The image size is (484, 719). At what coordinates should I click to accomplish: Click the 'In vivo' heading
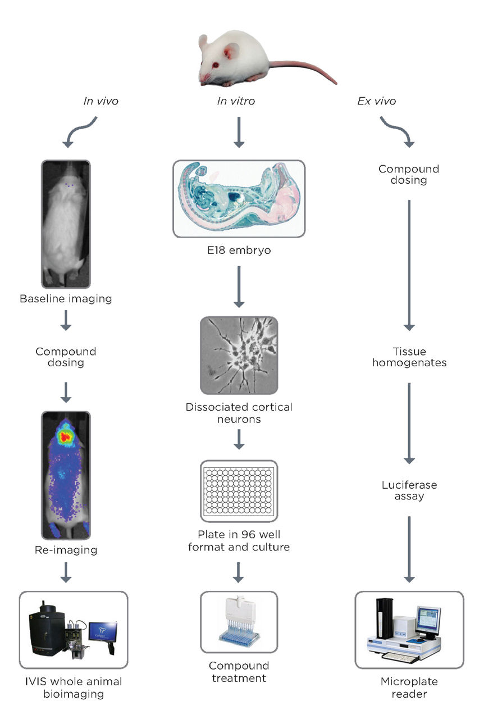coord(100,101)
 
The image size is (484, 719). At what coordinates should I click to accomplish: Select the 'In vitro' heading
coord(236,101)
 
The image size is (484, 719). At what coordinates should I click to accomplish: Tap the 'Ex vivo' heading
coord(376,101)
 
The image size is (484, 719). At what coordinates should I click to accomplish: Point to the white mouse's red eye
coord(229,54)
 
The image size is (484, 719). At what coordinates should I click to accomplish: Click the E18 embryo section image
coord(239,198)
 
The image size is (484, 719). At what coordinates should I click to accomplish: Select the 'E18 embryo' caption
coord(239,251)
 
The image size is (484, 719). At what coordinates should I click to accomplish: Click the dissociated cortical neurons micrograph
coord(239,355)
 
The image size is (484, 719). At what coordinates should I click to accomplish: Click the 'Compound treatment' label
coord(239,672)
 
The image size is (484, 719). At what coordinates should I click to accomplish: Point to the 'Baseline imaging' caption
coord(66,299)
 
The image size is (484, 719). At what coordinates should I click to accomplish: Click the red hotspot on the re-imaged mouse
coord(66,435)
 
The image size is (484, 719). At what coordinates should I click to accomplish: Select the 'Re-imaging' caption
coord(66,550)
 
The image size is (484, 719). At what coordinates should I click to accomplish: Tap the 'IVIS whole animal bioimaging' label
coord(74,688)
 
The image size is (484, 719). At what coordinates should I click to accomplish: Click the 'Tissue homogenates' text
coord(409,357)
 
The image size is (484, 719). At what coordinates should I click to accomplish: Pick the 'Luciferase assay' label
coord(409,490)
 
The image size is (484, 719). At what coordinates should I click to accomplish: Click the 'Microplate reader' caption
coord(409,688)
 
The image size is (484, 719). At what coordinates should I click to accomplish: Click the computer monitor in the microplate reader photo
coord(432,622)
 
